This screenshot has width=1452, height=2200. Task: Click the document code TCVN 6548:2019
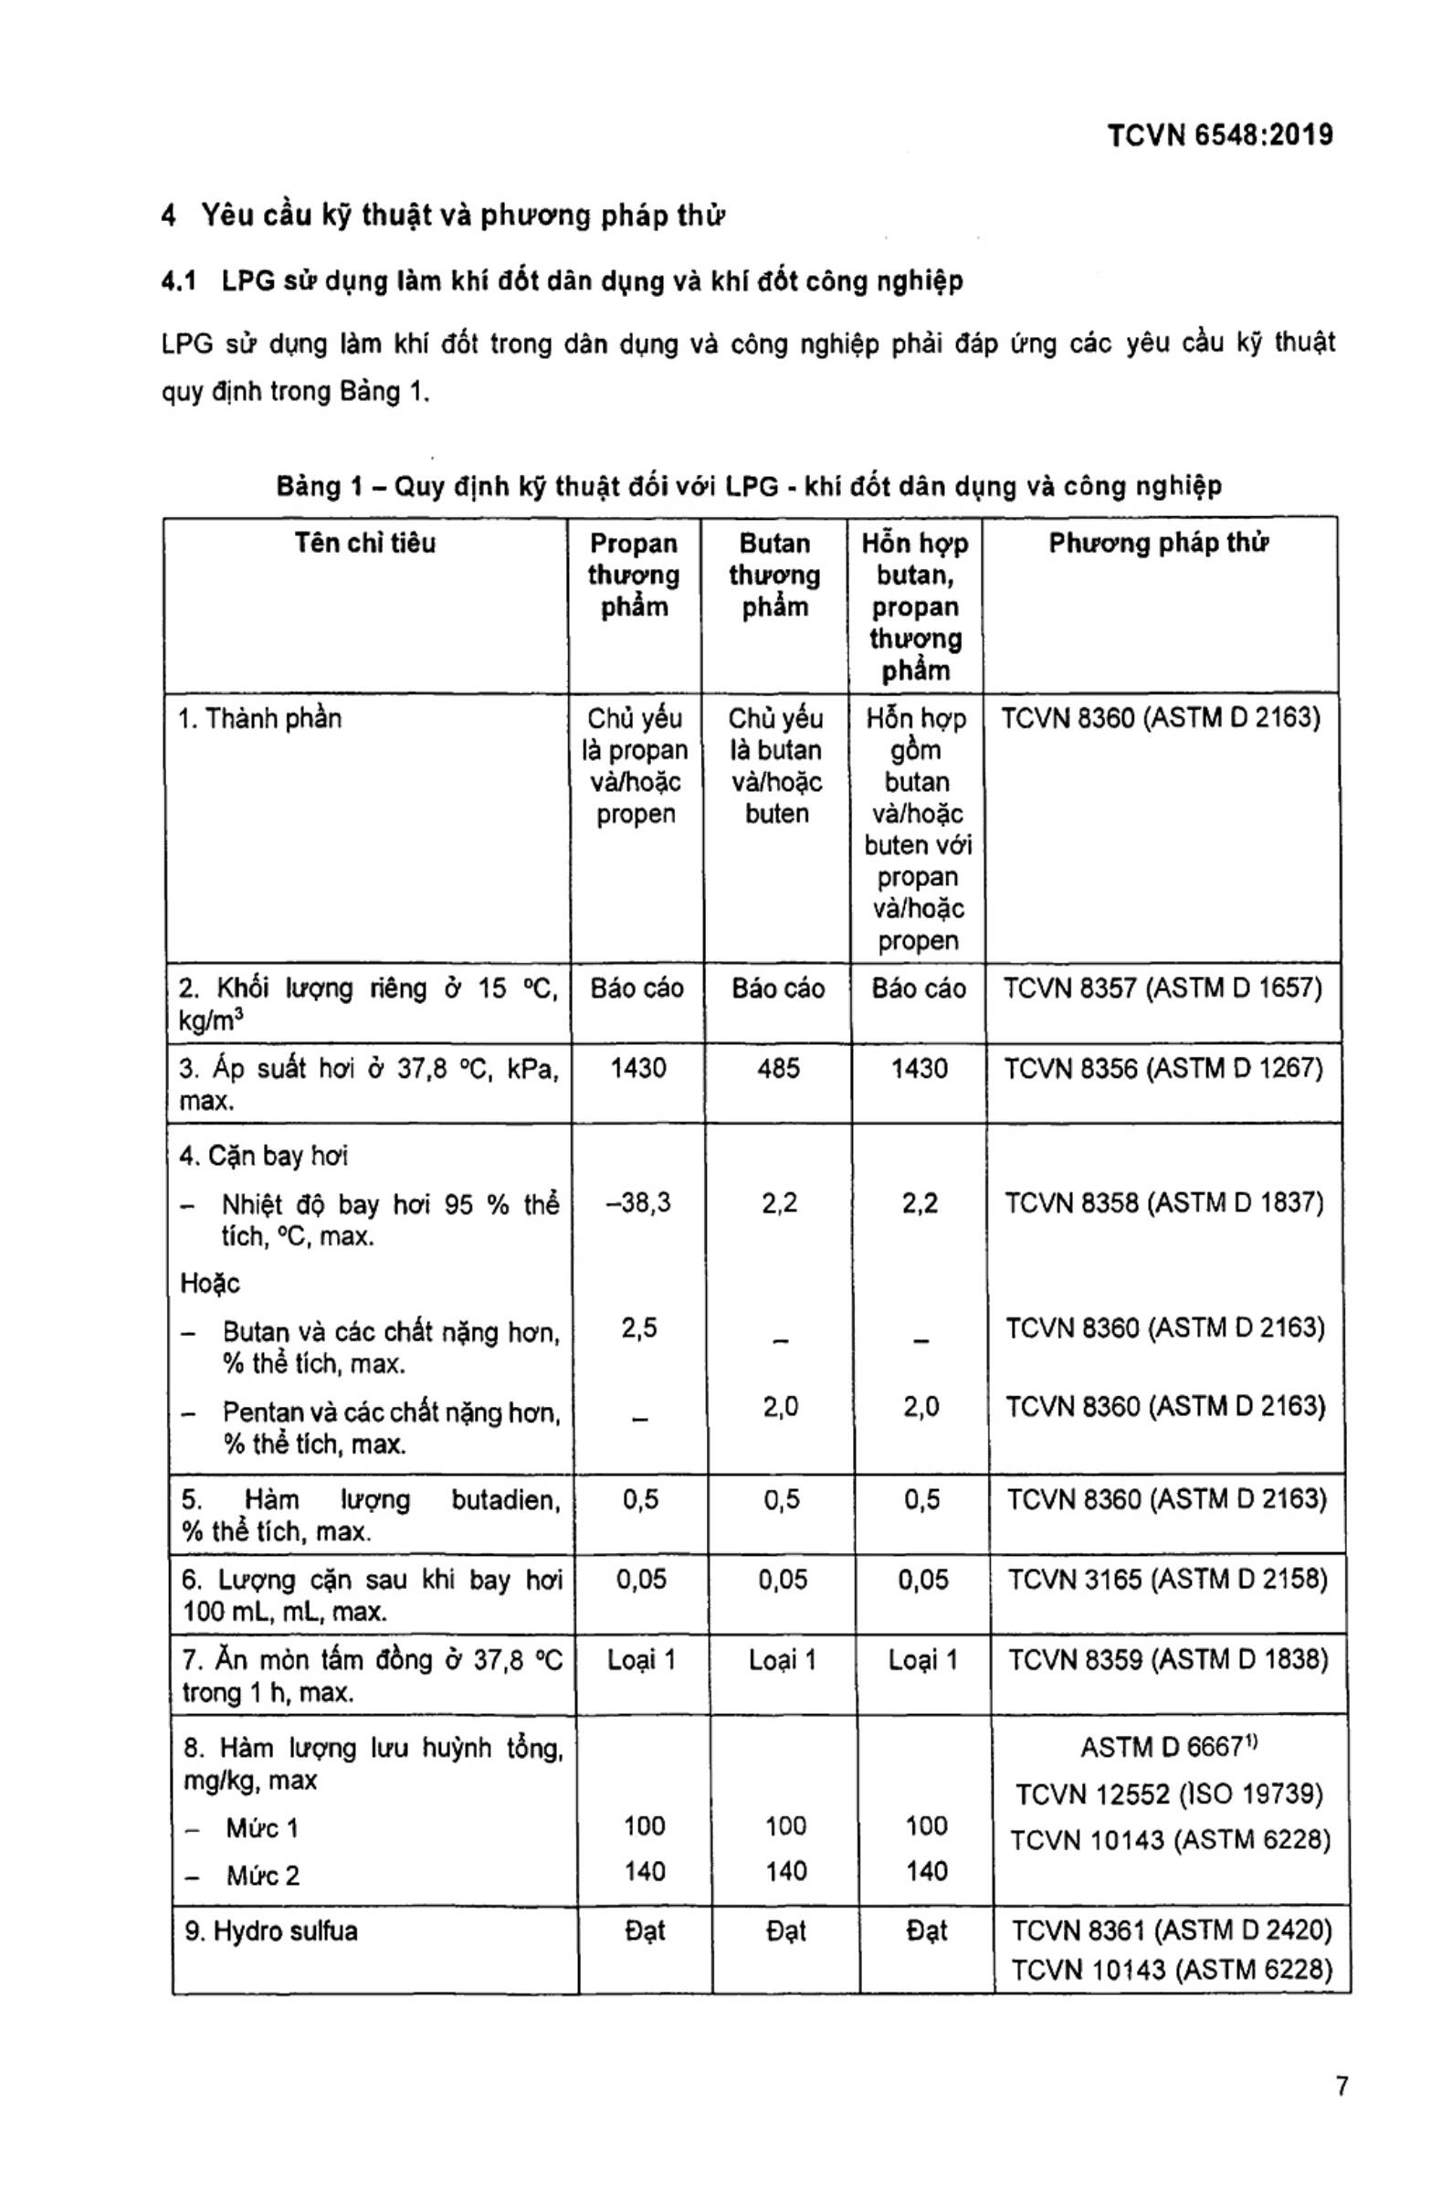1219,136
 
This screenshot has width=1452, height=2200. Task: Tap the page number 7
1342,2086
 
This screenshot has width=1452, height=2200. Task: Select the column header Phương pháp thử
1159,544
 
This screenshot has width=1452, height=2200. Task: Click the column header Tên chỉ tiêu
365,543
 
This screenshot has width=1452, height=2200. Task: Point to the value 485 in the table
777,1069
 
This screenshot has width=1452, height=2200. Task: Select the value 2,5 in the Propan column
639,1328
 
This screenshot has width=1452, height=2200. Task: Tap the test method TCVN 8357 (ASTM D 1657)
1163,989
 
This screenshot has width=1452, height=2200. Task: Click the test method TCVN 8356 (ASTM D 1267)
1163,1069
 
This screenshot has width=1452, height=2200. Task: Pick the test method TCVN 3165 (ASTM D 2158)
1167,1580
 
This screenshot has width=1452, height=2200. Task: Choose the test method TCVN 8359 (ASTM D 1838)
1168,1659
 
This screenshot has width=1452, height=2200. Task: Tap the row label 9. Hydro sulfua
270,1930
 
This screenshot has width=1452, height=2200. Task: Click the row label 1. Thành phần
259,719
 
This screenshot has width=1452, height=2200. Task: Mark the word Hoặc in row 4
210,1284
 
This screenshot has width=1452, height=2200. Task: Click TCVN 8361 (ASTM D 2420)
1171,1930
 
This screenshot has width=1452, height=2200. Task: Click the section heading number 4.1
179,281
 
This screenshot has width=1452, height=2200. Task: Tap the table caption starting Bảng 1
748,486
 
